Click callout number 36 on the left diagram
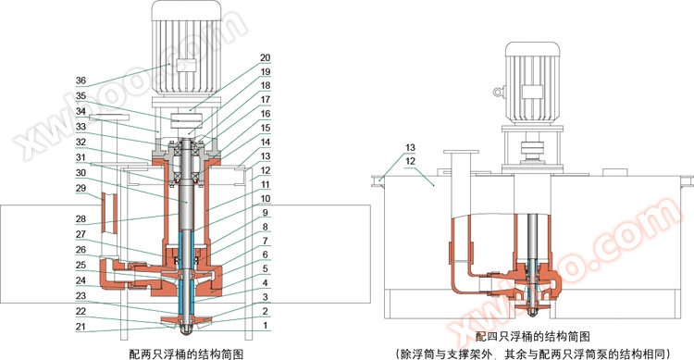tap(81, 81)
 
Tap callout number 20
tap(266, 57)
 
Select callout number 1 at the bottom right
tap(266, 326)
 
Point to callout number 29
tap(81, 188)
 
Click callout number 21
tap(81, 327)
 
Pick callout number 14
tap(266, 142)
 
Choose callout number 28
tap(81, 218)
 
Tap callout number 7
tap(266, 241)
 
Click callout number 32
tap(81, 142)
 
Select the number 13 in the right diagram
tap(410, 147)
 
